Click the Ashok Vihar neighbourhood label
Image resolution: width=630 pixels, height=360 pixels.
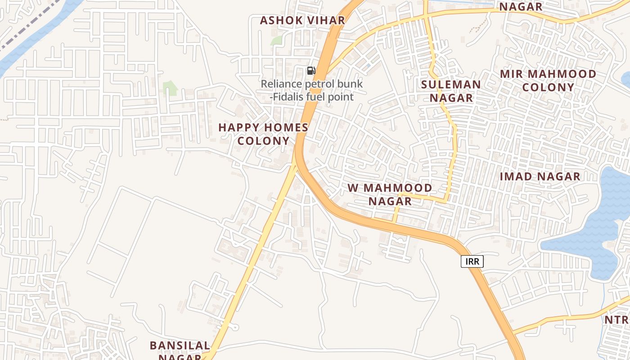coord(302,20)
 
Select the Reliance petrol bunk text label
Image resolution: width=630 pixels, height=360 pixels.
coord(312,84)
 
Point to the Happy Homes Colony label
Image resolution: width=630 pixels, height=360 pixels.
coord(263,134)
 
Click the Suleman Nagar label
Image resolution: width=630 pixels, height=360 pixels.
coord(451,91)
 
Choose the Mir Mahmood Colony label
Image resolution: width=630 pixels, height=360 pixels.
coord(548,81)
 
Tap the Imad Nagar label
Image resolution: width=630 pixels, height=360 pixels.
coord(540,177)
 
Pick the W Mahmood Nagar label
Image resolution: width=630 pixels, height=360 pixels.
coord(390,194)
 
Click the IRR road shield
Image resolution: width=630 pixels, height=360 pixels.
coord(472,261)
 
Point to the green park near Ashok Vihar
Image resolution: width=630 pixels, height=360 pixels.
coord(276,40)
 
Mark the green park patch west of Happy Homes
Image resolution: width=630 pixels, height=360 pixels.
coord(170,88)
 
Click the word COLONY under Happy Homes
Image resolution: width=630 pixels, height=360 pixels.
coord(263,141)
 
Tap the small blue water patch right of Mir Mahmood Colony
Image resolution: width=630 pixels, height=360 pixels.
coord(626,79)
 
